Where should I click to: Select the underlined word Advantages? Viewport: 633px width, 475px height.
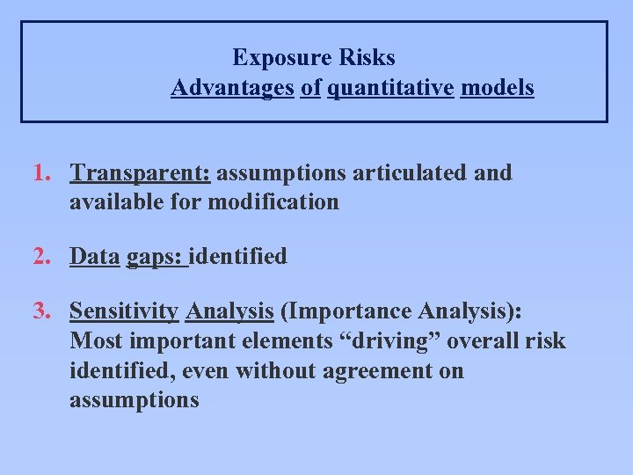232,88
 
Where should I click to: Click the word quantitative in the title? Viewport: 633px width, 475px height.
390,88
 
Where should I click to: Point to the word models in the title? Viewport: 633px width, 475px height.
497,88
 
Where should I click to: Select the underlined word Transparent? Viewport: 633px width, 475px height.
140,173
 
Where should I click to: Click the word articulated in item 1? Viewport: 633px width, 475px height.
408,172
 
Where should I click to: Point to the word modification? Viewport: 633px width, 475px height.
273,201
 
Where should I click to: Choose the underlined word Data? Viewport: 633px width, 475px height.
94,257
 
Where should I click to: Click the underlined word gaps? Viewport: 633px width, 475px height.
156,258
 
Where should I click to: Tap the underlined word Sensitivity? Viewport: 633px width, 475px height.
124,312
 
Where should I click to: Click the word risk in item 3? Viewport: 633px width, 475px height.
546,341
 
